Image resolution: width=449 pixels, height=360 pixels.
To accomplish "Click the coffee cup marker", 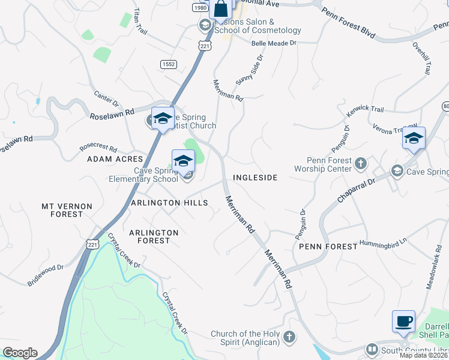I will (x=403, y=320).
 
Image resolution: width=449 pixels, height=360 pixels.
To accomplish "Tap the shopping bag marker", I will (x=220, y=9).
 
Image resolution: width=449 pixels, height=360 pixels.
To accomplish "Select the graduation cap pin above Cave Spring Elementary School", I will (x=183, y=160).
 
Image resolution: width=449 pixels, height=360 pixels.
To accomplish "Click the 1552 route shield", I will (x=168, y=64).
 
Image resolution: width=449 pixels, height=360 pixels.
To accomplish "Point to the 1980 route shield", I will (x=200, y=7).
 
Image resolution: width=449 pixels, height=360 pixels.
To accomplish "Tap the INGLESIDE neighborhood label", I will (x=255, y=178).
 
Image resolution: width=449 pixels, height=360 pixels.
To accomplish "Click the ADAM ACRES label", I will (x=115, y=159).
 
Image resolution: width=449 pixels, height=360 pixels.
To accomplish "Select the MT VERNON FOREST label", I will (x=67, y=210).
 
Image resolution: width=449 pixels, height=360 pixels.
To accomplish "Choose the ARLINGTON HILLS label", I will (x=170, y=203).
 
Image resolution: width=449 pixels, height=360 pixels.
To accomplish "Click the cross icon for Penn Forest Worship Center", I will (x=360, y=163).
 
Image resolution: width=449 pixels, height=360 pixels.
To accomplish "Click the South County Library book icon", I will (x=372, y=350).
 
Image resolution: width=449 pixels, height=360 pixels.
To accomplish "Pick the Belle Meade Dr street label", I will (x=274, y=43).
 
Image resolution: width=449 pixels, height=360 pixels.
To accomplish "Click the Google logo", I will (x=20, y=353).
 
